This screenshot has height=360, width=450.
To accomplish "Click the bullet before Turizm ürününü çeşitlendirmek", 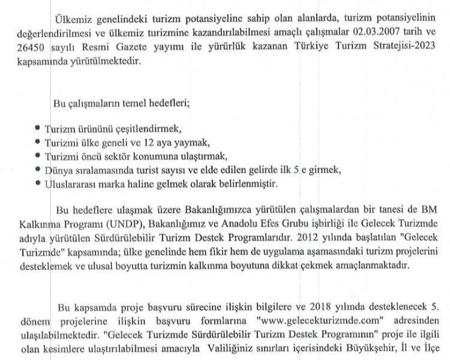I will coord(38,129).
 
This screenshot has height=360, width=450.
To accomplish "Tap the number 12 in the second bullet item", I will coord(153,143).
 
